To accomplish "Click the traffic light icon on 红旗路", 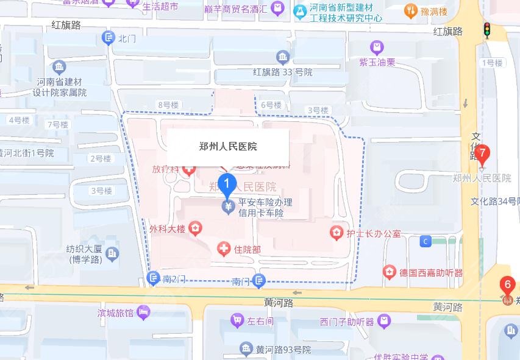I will tap(486, 30).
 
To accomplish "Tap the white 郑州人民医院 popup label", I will tap(228, 146).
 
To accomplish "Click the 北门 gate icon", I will tap(109, 38).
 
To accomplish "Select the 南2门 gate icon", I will tap(154, 279).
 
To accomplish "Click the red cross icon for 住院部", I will tap(224, 249).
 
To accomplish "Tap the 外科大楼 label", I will tap(166, 229).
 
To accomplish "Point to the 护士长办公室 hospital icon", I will tap(335, 233).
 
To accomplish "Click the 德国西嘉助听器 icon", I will tap(389, 272).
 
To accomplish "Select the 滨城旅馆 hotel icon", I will tap(144, 312).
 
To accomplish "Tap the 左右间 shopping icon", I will tap(237, 319).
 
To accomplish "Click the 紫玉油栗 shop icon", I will tap(377, 47).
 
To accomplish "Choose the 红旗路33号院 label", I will tap(283, 72).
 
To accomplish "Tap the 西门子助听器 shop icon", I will tap(384, 320).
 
